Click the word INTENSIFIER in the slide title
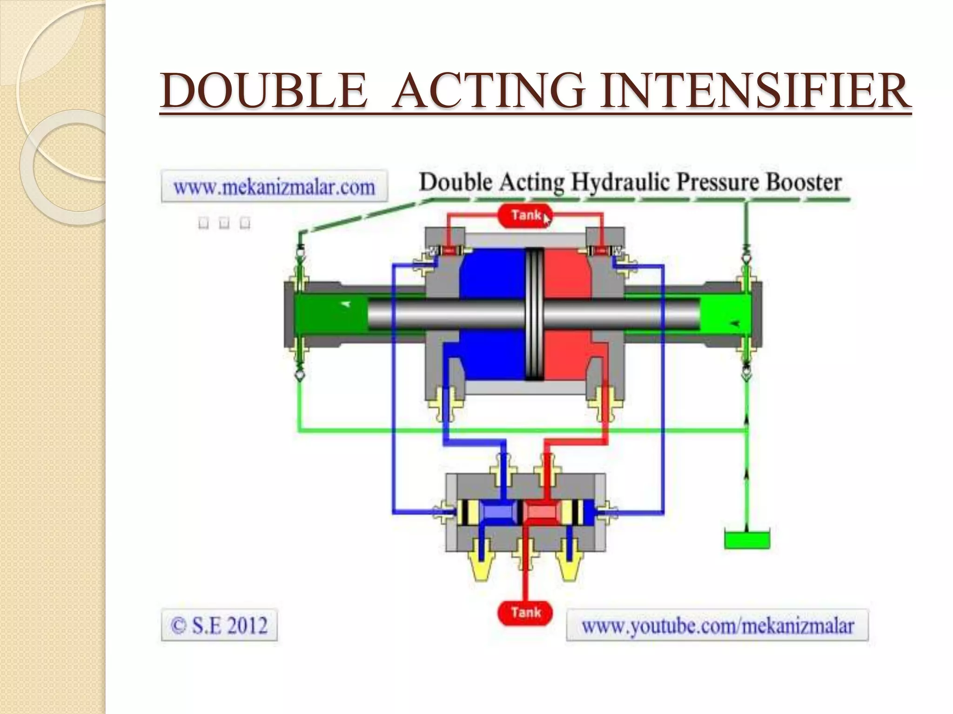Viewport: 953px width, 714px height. (754, 91)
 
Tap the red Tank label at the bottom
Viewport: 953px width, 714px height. (525, 613)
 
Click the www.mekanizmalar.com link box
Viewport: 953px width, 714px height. (274, 187)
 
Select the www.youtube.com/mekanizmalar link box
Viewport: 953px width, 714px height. (717, 626)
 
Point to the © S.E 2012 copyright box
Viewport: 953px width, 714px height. (219, 625)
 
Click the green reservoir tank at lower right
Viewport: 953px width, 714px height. (747, 540)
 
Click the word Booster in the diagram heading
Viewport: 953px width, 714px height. (804, 182)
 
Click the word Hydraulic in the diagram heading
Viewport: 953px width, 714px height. (621, 182)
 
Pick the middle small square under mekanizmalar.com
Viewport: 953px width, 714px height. (224, 223)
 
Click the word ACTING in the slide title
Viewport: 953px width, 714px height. (488, 91)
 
